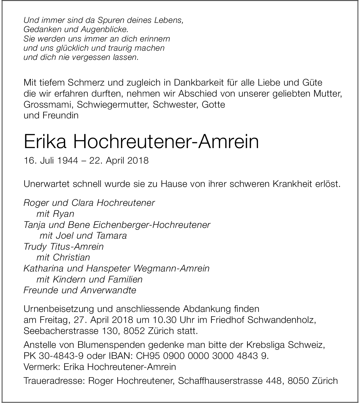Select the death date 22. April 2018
coord(119,160)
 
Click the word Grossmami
coord(48,104)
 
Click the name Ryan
coord(63,214)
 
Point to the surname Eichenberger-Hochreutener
coord(151,225)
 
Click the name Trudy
coord(35,247)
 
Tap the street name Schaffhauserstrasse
coord(220,381)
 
